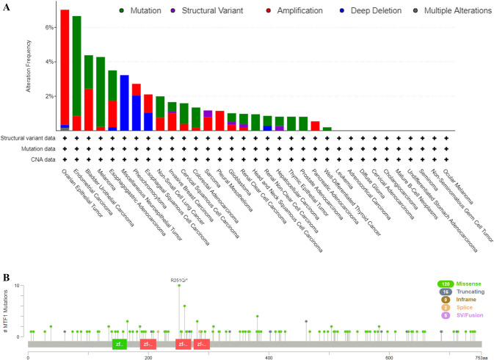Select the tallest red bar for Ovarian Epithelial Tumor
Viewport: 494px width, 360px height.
pos(65,66)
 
